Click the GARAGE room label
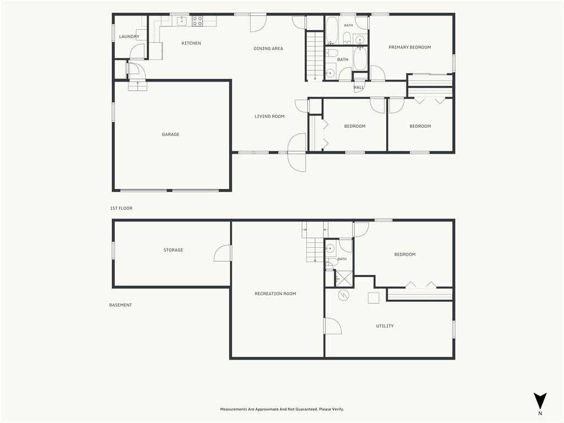pyautogui.click(x=171, y=134)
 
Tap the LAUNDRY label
pyautogui.click(x=129, y=37)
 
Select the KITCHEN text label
pyautogui.click(x=191, y=43)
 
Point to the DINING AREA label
pyautogui.click(x=268, y=48)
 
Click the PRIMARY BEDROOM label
pyautogui.click(x=410, y=47)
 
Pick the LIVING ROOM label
pyautogui.click(x=269, y=116)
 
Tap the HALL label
pyautogui.click(x=359, y=88)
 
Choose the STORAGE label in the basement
pyautogui.click(x=173, y=250)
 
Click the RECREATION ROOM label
pyautogui.click(x=275, y=294)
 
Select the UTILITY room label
pyautogui.click(x=385, y=326)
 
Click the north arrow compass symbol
pyautogui.click(x=540, y=401)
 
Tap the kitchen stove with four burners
pyautogui.click(x=197, y=21)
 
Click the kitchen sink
pyautogui.click(x=182, y=21)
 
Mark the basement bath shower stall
pyautogui.click(x=344, y=278)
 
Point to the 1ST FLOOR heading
pyautogui.click(x=121, y=208)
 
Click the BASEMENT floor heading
pyautogui.click(x=121, y=305)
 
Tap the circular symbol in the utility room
pyautogui.click(x=344, y=295)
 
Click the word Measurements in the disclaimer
pyautogui.click(x=234, y=409)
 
